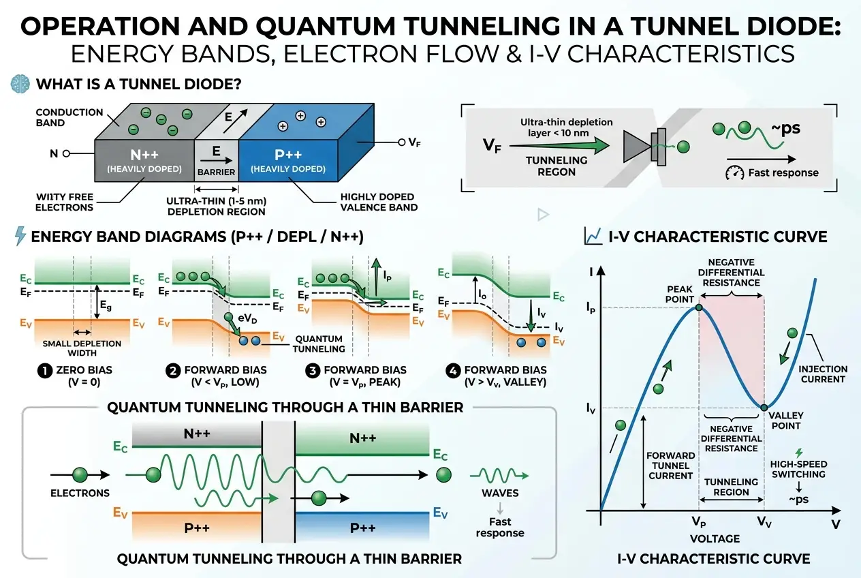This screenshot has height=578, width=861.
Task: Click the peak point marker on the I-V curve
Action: pos(699,308)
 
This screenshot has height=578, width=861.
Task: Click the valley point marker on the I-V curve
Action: pos(764,408)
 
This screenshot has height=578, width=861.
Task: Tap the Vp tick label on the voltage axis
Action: pos(698,522)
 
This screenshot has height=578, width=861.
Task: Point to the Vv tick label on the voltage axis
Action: pos(765,522)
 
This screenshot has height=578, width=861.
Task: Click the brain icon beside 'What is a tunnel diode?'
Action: pos(20,85)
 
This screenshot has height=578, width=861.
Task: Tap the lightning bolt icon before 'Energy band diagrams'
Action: pos(20,236)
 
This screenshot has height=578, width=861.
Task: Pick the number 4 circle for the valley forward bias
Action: pos(453,370)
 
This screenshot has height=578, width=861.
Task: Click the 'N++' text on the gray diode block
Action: pos(145,155)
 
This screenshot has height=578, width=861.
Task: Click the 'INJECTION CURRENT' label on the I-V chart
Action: pos(823,374)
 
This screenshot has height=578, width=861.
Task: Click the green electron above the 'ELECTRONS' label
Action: pos(80,474)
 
